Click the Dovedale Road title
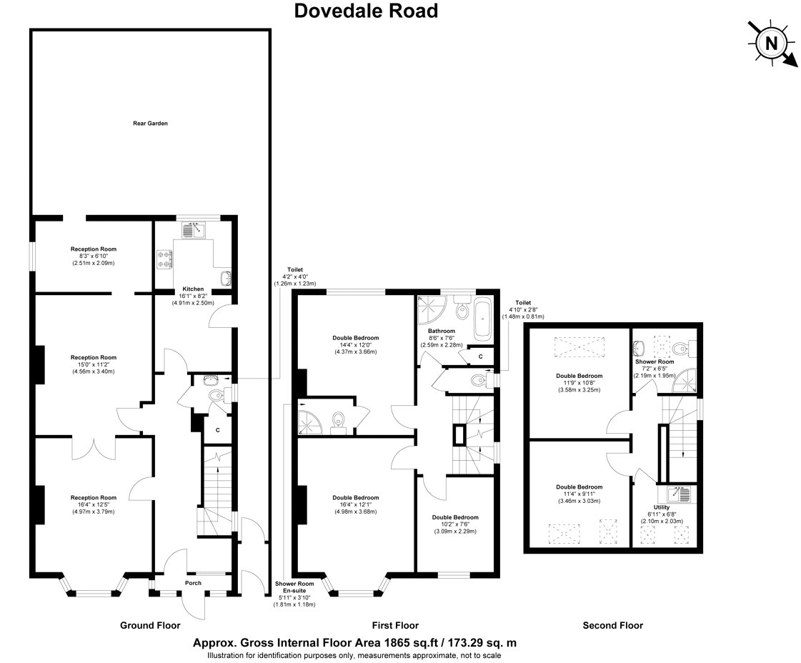366,11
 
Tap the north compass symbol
772,44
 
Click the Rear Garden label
150,123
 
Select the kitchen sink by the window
194,230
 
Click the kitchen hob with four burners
164,259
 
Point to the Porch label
193,583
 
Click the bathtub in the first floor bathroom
483,320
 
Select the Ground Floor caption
150,625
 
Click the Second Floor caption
613,625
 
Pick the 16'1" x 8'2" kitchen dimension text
193,296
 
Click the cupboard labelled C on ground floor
218,430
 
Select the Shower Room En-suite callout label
294,587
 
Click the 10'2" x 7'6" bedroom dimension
455,524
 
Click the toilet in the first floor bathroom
462,307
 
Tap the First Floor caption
395,625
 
